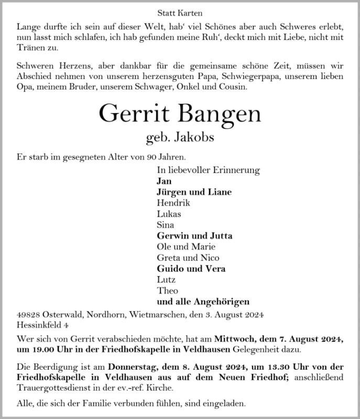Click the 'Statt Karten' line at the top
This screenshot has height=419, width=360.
(180, 12)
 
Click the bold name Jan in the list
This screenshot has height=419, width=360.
(163, 181)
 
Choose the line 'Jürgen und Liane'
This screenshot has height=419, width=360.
(194, 192)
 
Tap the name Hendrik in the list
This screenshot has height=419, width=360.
(173, 203)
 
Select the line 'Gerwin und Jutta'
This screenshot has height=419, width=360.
(194, 236)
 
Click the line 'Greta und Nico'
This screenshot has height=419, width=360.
(188, 258)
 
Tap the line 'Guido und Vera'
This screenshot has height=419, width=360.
(191, 269)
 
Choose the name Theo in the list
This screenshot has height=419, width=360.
(167, 291)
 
